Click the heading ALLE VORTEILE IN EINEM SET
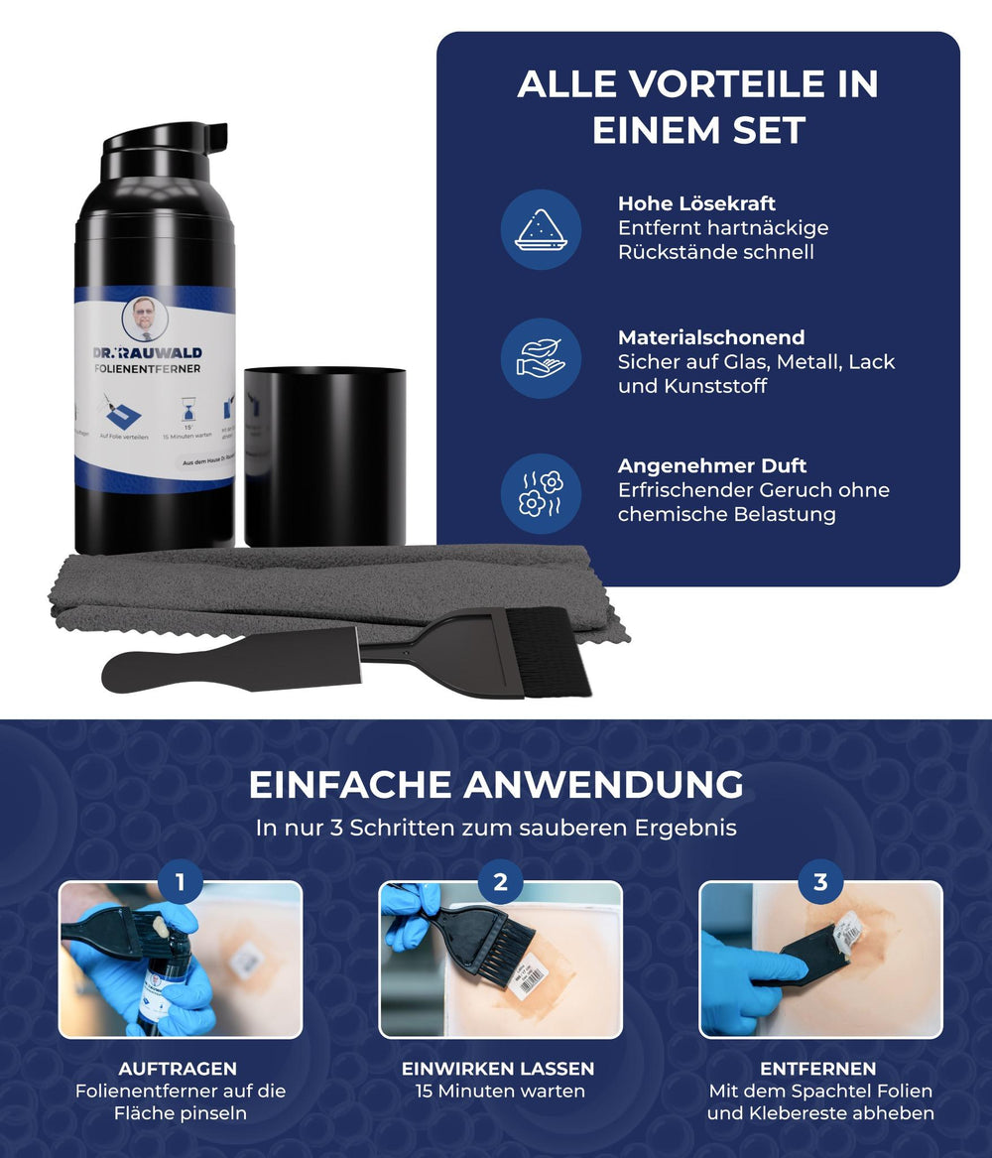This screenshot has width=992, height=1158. point(697,107)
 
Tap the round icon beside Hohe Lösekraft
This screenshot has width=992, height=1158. point(541,230)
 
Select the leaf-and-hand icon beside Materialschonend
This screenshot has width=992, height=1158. point(541,358)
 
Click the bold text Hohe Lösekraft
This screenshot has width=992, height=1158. point(696,203)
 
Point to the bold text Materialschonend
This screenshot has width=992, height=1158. point(710,337)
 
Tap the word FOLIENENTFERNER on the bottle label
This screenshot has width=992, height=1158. point(147,369)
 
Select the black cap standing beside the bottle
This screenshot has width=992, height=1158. point(324,454)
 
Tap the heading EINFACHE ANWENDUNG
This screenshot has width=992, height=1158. point(496,784)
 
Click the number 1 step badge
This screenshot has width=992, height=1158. point(180,881)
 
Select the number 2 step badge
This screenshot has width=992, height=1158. point(500,881)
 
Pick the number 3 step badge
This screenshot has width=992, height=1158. point(820,881)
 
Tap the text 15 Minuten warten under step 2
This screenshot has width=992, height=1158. point(499,1091)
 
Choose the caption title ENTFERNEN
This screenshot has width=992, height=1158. point(818,1069)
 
